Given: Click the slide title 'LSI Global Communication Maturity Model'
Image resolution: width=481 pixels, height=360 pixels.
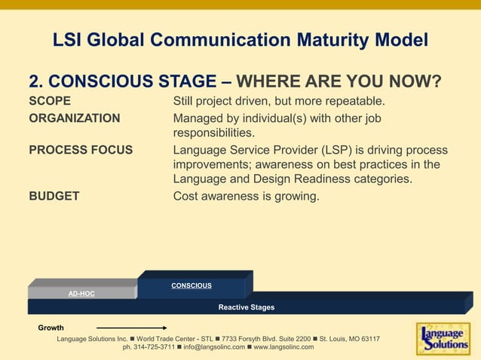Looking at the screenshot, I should click(240, 39).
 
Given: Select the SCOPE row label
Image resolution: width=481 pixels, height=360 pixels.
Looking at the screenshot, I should click(50, 101).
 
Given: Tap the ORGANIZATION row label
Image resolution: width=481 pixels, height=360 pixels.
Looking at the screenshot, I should click(74, 117).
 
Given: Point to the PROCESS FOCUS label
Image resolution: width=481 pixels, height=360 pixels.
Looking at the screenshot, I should click(81, 150).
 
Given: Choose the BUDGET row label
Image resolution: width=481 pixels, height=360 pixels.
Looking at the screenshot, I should click(54, 197).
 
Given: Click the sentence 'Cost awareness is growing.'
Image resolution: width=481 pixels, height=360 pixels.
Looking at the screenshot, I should click(247, 197).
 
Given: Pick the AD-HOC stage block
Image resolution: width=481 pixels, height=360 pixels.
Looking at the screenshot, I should click(81, 293).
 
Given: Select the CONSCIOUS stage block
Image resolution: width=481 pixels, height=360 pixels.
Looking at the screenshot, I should click(191, 285).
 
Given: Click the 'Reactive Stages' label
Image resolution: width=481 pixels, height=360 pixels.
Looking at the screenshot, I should click(247, 307).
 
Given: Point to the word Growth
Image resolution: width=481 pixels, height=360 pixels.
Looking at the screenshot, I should click(51, 328).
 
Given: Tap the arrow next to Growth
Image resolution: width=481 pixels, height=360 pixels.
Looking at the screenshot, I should click(131, 328).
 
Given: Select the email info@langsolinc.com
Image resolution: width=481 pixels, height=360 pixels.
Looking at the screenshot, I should click(214, 347).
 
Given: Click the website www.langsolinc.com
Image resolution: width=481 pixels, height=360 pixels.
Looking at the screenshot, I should click(283, 347).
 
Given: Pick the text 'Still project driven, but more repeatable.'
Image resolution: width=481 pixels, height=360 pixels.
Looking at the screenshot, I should click(280, 101).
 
